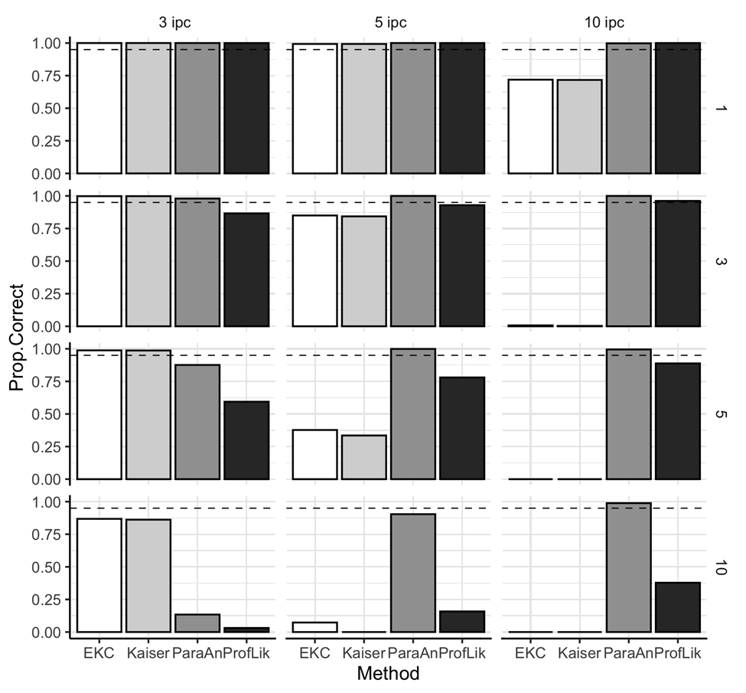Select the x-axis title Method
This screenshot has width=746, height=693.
coord(387,674)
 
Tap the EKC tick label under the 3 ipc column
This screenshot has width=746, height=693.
coord(99,652)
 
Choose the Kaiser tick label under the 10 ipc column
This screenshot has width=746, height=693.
coord(579,652)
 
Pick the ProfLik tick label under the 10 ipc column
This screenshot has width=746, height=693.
coord(676,652)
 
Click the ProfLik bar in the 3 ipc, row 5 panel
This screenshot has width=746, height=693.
coord(246,440)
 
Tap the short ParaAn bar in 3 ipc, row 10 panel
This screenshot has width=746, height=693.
coord(197,623)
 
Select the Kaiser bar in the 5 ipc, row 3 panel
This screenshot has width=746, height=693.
coord(363,271)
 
